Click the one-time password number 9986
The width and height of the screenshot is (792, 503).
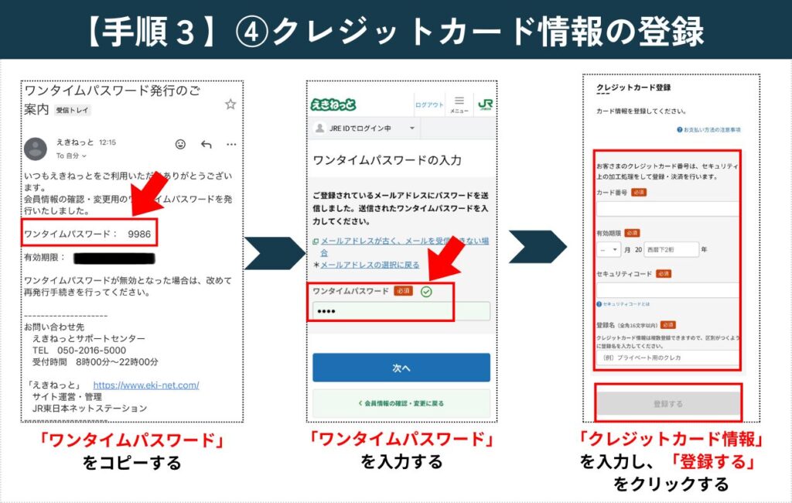click(x=139, y=233)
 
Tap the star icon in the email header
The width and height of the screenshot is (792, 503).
click(x=230, y=104)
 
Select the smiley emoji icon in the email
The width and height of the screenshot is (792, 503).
click(x=180, y=144)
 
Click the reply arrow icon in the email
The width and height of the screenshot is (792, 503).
click(x=206, y=144)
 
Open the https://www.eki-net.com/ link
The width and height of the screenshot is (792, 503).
click(x=145, y=385)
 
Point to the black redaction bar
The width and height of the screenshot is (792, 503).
click(x=114, y=258)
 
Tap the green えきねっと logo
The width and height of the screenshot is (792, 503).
click(x=333, y=104)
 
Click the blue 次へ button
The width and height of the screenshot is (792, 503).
click(x=401, y=368)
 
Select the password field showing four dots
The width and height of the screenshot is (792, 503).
click(x=401, y=311)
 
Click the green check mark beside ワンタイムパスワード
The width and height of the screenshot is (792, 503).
click(x=425, y=291)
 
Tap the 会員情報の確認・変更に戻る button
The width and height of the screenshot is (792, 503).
click(x=401, y=403)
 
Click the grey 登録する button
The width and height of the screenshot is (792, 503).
click(x=667, y=404)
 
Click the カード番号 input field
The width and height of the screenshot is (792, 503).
click(x=667, y=209)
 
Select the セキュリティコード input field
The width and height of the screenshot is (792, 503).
click(x=667, y=290)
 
